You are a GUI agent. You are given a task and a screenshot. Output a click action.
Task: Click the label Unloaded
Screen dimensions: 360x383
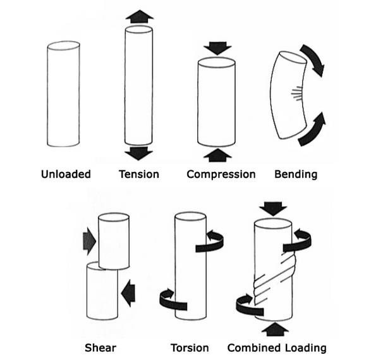click(x=66, y=174)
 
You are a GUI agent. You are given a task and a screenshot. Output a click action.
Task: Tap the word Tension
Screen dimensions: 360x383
click(x=139, y=174)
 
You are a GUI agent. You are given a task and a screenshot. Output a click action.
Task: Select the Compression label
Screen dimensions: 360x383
click(x=221, y=174)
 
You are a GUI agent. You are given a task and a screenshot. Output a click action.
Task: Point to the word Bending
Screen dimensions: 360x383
click(x=295, y=174)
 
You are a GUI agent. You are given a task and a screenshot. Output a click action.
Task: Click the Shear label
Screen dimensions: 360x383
click(x=100, y=347)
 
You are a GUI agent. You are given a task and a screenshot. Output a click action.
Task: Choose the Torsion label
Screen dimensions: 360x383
click(x=190, y=347)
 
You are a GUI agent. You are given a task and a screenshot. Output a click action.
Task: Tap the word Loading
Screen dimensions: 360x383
click(x=306, y=347)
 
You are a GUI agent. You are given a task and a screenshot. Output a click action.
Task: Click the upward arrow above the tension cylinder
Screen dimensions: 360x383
click(x=139, y=17)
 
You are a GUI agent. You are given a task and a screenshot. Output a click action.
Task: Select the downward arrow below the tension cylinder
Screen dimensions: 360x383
click(x=139, y=152)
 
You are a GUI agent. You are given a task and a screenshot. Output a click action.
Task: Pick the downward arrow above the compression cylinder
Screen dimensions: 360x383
click(x=217, y=48)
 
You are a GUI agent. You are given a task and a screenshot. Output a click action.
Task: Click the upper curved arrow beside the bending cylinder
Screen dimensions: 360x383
click(x=312, y=60)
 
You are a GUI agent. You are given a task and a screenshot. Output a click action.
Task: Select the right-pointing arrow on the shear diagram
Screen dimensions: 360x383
click(x=89, y=240)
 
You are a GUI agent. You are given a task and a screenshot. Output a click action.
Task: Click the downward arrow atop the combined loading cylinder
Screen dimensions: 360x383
click(x=273, y=208)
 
